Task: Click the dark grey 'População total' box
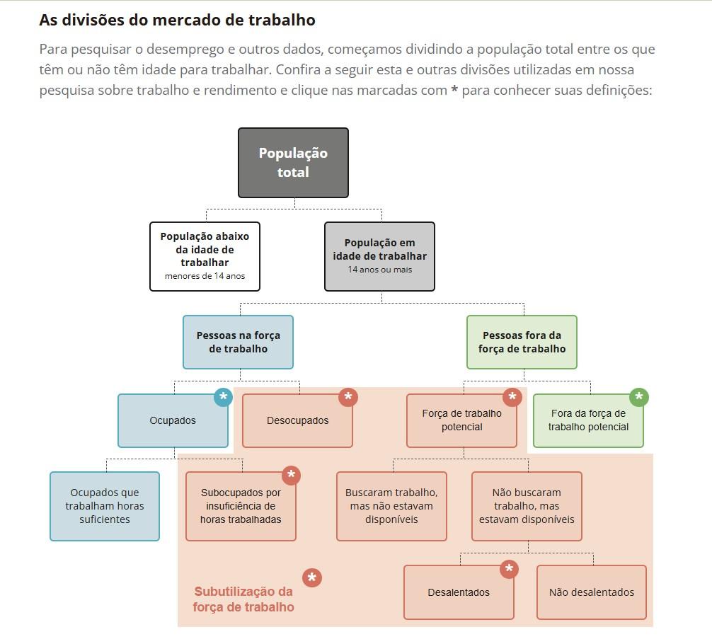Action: pyautogui.click(x=293, y=162)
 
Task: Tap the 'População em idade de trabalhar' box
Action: pyautogui.click(x=379, y=255)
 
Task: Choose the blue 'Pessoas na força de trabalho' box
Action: pyautogui.click(x=238, y=342)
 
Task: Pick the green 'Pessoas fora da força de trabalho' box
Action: pyautogui.click(x=522, y=342)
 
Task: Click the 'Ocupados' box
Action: pyautogui.click(x=173, y=420)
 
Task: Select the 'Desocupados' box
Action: pyautogui.click(x=297, y=420)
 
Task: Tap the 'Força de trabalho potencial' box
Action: pyautogui.click(x=461, y=420)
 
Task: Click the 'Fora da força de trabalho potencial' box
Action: pyautogui.click(x=588, y=420)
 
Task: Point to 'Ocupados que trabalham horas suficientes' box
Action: pyautogui.click(x=105, y=506)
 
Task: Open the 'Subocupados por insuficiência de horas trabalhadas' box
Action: pyautogui.click(x=241, y=506)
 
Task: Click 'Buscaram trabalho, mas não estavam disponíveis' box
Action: pyautogui.click(x=391, y=506)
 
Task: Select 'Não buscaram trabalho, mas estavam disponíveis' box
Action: pyautogui.click(x=527, y=506)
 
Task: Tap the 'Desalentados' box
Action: pyautogui.click(x=459, y=592)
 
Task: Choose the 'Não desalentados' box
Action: pyautogui.click(x=592, y=592)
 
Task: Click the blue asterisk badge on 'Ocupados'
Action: pyautogui.click(x=224, y=397)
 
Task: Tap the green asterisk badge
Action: pyautogui.click(x=638, y=397)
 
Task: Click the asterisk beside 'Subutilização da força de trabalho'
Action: pyautogui.click(x=311, y=578)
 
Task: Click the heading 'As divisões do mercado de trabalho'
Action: pyautogui.click(x=177, y=20)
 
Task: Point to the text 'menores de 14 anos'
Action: pyautogui.click(x=205, y=276)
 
